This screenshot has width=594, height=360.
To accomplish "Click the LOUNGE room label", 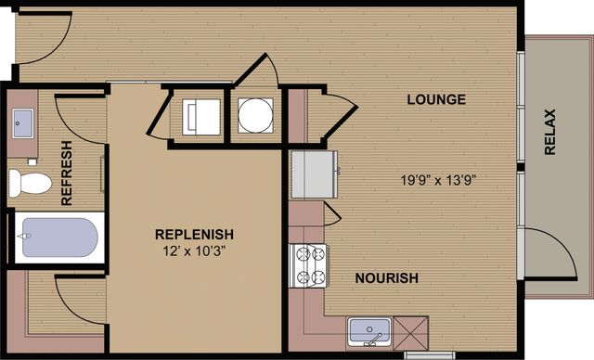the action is pos(436,99).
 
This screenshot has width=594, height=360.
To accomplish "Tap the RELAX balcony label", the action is pos(549,132).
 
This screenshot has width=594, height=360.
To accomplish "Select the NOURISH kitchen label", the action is pos(387,278).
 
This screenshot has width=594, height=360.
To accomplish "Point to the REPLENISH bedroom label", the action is pos(194,235).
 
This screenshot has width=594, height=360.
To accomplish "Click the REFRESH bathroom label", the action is pos(67,173).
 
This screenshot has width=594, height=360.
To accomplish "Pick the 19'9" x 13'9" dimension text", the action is pos(438,180).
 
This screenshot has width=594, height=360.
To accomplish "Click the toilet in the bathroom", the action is pos(30,183).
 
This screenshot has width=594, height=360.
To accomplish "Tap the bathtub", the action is pos(59,238).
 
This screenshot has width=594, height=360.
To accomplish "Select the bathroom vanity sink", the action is pos(22,123).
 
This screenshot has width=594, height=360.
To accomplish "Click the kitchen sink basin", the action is pos(369,330).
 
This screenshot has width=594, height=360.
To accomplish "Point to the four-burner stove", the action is pos(309,265).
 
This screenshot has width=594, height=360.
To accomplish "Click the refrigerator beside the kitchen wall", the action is pos(314,174).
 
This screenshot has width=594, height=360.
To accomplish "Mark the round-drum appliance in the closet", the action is pos(255,115).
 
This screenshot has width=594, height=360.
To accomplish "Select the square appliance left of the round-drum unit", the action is pos(201,117).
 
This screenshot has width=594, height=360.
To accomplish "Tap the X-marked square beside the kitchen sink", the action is pos(410,333).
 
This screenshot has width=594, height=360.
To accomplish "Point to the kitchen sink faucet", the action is pos(373,340).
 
